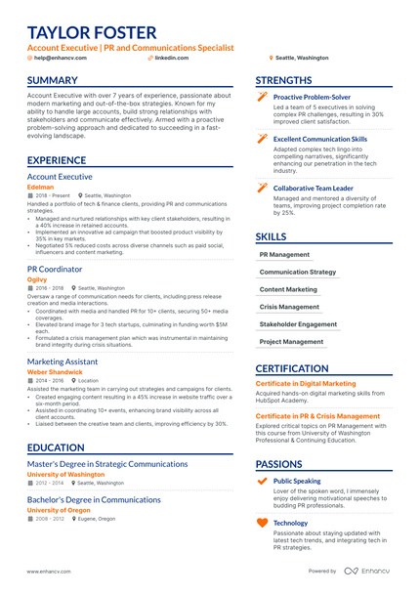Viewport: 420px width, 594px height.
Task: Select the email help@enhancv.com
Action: click(x=60, y=58)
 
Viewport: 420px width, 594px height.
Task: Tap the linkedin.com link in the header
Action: click(x=171, y=58)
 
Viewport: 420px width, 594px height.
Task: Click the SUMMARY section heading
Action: click(x=54, y=80)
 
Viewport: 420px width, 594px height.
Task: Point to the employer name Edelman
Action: click(x=41, y=187)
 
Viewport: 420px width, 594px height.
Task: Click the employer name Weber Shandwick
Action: click(x=55, y=372)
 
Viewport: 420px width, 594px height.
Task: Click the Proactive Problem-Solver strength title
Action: click(x=312, y=98)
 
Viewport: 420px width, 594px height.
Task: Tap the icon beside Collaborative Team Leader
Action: click(x=261, y=187)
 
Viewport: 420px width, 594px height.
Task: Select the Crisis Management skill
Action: click(x=289, y=307)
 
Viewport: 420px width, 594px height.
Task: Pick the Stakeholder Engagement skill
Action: click(x=298, y=324)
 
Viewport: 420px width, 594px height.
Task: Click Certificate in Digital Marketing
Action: click(x=306, y=384)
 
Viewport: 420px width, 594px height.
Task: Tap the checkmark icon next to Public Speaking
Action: click(x=261, y=482)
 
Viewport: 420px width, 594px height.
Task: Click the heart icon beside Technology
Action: click(x=261, y=524)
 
